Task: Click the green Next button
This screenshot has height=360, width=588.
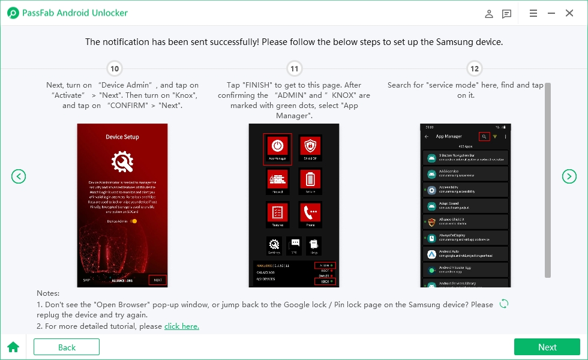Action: [x=547, y=347]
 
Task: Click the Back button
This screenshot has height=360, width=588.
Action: [x=67, y=347]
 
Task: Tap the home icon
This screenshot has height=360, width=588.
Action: [x=13, y=347]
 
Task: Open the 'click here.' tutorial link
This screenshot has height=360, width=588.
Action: [x=181, y=326]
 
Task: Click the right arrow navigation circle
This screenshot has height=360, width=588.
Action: [x=569, y=176]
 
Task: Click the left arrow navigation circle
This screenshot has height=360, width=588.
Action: [x=19, y=176]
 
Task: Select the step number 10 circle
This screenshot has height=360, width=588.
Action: [x=114, y=69]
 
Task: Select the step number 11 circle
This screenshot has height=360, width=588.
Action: [x=294, y=69]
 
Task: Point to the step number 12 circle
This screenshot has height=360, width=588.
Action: [x=474, y=69]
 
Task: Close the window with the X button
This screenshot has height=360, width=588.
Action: [x=569, y=13]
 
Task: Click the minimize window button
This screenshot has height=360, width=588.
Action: [x=551, y=13]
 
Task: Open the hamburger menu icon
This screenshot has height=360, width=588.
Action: [x=533, y=13]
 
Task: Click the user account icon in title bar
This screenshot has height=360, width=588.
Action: [x=489, y=14]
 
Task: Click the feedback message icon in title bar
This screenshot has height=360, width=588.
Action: [x=507, y=14]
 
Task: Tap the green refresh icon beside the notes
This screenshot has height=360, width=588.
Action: [x=504, y=304]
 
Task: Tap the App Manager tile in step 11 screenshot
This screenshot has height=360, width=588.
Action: [x=277, y=148]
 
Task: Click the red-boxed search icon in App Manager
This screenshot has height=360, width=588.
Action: [x=484, y=137]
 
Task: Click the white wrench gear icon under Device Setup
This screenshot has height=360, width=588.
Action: [x=122, y=162]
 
